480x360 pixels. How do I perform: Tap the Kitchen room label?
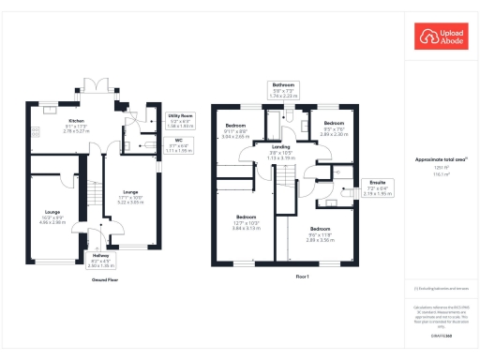(77, 121)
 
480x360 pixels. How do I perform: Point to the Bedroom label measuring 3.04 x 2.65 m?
(235, 126)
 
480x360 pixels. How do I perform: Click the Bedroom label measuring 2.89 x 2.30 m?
(335, 123)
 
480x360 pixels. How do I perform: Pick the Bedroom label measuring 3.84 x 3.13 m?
(245, 222)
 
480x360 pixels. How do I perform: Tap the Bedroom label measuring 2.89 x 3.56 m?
(322, 229)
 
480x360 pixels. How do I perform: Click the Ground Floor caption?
(105, 279)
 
